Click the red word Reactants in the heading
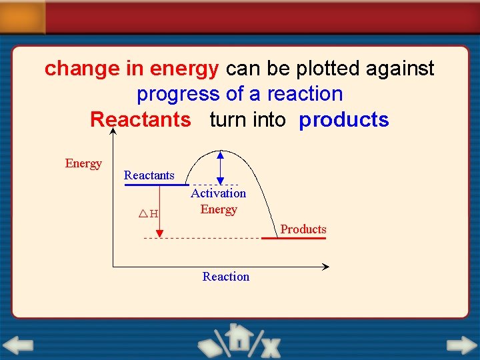(x=140, y=120)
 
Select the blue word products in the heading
(x=343, y=120)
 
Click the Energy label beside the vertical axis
(x=83, y=163)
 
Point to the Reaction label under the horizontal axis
(x=225, y=277)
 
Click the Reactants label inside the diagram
(x=149, y=175)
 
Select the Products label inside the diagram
(x=303, y=229)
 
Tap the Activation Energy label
(x=219, y=201)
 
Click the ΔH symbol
(x=148, y=214)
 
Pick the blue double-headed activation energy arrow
(x=221, y=167)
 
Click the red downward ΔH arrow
(x=159, y=210)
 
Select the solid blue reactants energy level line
(x=156, y=185)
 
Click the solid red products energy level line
(x=293, y=238)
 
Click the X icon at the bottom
(x=270, y=347)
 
